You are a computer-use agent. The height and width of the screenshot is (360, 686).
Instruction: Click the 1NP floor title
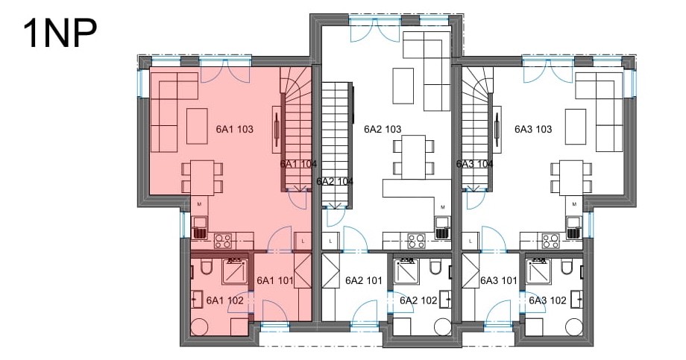coord(60,34)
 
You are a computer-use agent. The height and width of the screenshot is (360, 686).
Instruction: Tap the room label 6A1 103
coord(234,129)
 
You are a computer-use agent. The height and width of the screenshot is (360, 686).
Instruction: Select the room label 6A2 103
coord(383,129)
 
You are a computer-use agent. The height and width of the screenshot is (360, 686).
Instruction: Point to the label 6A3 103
coord(533,129)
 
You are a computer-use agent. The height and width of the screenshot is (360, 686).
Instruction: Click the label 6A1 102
coord(225,300)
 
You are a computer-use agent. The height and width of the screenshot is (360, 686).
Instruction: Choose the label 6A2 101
coord(364,280)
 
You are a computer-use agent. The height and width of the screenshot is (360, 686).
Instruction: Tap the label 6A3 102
coord(547,300)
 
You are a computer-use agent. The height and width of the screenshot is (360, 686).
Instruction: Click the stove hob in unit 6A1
coord(223,241)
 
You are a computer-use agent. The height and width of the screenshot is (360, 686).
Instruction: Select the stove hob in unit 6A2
coord(416,241)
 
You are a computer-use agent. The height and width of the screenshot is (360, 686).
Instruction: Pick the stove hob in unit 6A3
coord(551,241)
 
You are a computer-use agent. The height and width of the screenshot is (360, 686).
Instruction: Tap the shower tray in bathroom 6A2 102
coord(406,271)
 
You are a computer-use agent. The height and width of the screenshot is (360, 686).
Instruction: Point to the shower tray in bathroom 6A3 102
coord(539,271)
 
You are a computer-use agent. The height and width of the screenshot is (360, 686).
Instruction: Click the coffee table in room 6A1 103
coord(197,126)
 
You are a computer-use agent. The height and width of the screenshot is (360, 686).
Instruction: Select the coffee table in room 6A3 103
coord(576,126)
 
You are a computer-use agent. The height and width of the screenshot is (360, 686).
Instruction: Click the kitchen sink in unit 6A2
coord(443,228)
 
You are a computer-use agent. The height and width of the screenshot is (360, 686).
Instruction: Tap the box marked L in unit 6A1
coord(303,241)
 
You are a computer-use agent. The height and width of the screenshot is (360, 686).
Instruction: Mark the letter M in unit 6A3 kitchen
coord(574,204)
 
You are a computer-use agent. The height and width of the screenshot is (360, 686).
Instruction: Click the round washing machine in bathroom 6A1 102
coord(201,326)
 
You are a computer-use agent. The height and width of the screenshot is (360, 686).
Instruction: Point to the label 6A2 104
coord(335,182)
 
